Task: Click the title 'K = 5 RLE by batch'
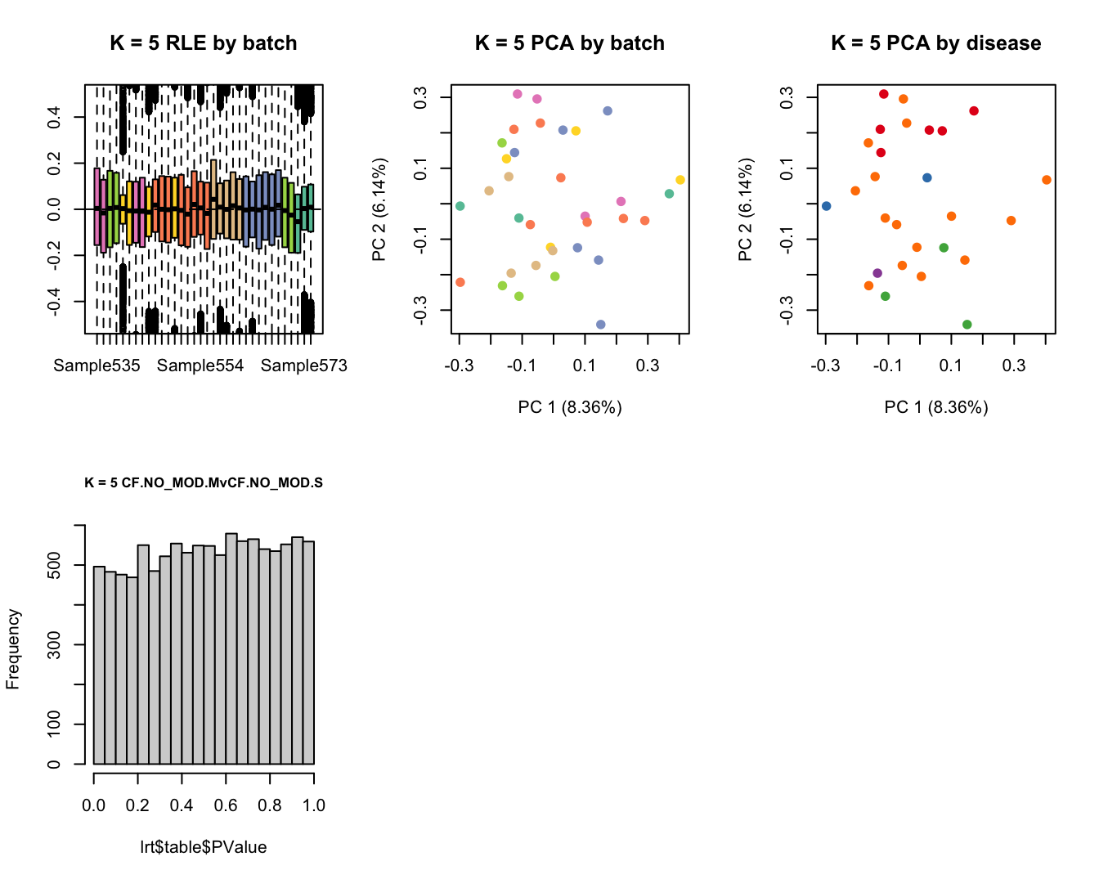click(204, 43)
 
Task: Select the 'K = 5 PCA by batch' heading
click(570, 43)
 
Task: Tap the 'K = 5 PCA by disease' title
click(936, 43)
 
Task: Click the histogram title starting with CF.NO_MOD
click(204, 482)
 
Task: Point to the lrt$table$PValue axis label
click(204, 847)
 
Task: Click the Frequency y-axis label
click(13, 649)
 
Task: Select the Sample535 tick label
click(96, 366)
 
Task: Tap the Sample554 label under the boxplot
click(200, 366)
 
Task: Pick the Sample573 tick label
click(304, 366)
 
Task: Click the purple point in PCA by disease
click(877, 273)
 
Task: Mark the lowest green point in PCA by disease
click(967, 325)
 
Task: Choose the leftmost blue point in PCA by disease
click(827, 206)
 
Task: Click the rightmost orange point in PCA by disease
click(1047, 180)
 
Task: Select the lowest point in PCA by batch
click(601, 325)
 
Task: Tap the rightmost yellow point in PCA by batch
click(680, 180)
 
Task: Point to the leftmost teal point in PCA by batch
click(460, 206)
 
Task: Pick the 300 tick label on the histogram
click(54, 645)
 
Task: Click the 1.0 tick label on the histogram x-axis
click(314, 805)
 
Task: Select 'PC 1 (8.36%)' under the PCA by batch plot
click(570, 407)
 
